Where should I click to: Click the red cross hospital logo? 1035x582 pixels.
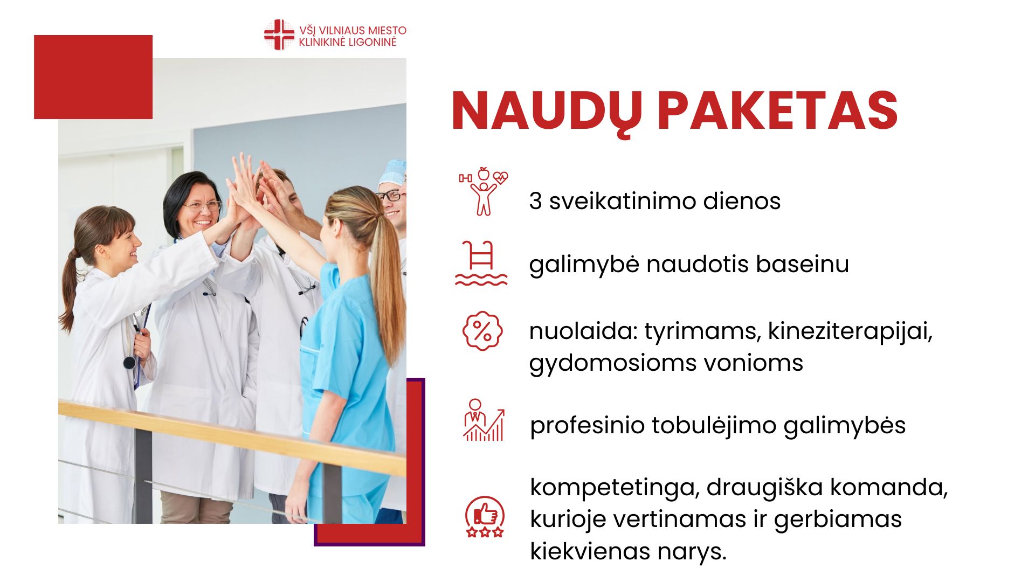pos(279,35)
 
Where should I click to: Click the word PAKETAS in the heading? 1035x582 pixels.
pos(777,111)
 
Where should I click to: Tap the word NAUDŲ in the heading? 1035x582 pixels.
pos(547,113)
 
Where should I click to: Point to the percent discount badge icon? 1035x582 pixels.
pos(482,331)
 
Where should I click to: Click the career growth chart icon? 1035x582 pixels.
pos(484,420)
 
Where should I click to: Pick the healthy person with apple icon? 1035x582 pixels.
pos(484,192)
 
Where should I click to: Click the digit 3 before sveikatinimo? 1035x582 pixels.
pos(535,202)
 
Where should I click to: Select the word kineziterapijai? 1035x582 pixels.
pos(850,331)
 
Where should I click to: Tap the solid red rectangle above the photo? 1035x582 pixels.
pos(93,77)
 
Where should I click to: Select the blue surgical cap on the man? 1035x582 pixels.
pos(392,172)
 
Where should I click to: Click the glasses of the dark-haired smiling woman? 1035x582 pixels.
pos(202,206)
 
